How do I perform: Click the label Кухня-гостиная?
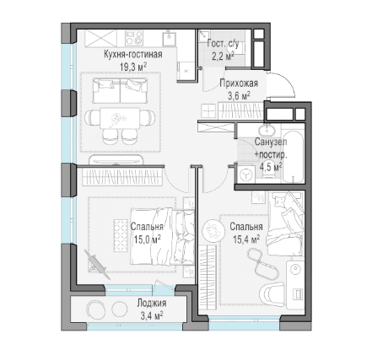click(133, 54)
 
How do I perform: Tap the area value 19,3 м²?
click(133, 67)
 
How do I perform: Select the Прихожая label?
click(239, 83)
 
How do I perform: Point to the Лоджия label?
click(152, 303)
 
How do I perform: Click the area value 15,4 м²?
click(246, 239)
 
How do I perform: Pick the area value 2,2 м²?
click(223, 56)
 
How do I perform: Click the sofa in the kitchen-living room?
click(120, 90)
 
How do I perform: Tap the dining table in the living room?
click(120, 118)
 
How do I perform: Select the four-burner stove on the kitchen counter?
click(134, 38)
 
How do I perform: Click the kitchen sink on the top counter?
click(169, 39)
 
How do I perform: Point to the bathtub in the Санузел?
click(294, 156)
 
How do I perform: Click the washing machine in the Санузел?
click(245, 175)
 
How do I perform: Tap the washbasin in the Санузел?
click(267, 131)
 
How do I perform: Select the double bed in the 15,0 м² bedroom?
click(163, 237)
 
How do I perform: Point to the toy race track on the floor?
click(263, 263)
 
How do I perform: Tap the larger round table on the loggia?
click(95, 309)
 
